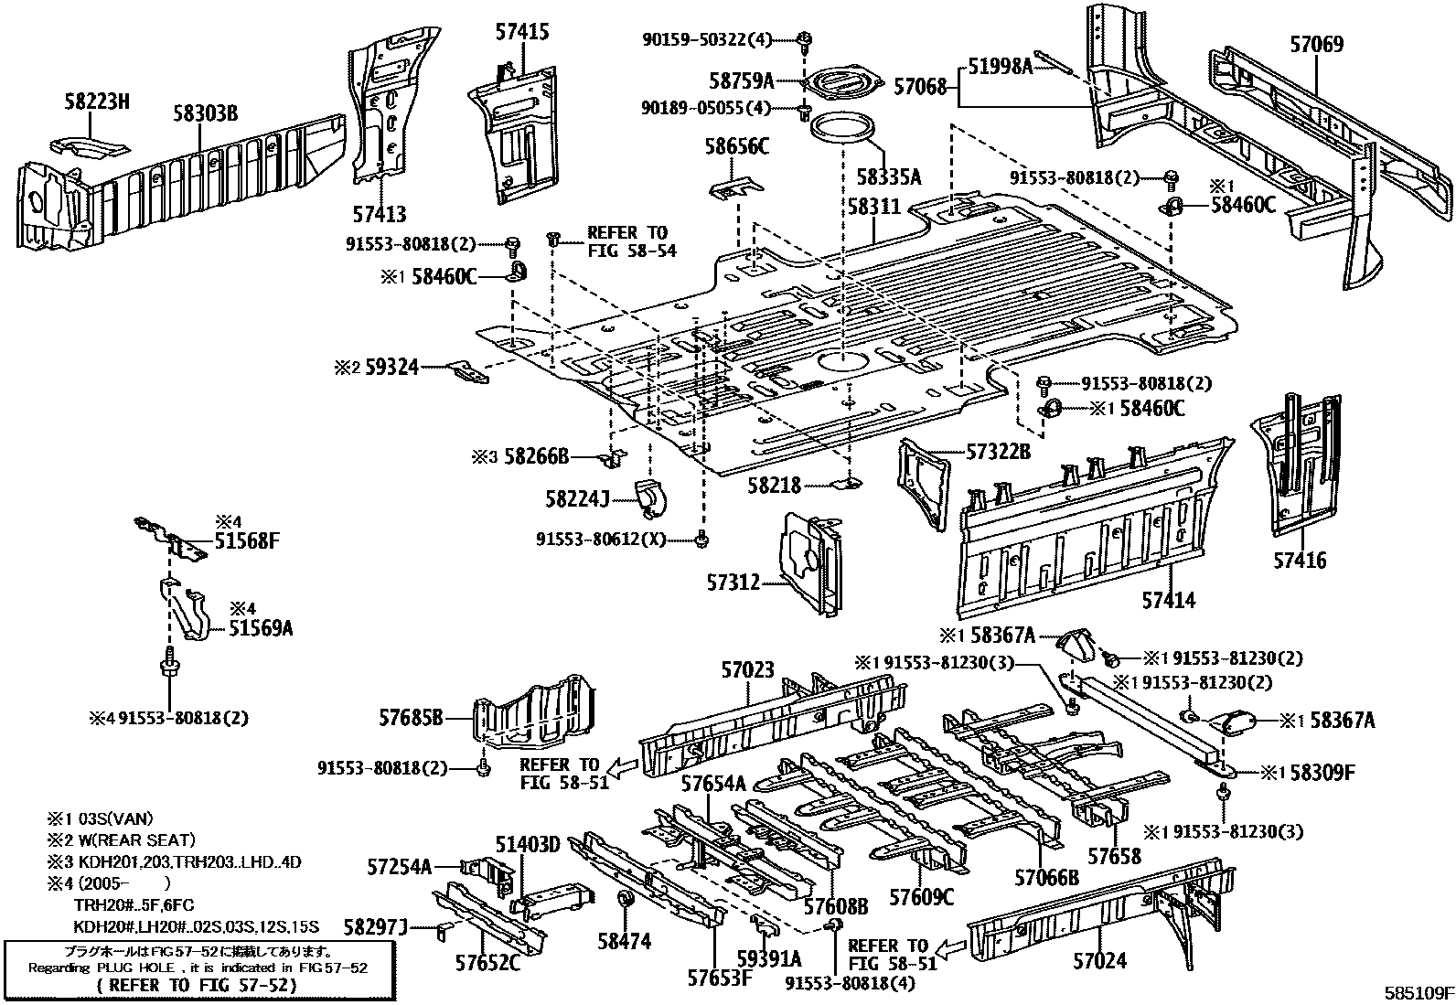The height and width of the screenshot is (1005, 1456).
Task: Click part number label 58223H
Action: [96, 102]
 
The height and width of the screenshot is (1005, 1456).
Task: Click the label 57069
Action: [1316, 43]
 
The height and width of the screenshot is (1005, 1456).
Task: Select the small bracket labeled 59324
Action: [466, 370]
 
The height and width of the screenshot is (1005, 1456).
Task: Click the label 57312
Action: [733, 581]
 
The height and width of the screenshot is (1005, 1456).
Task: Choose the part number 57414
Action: [1168, 600]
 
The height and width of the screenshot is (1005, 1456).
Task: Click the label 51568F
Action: [246, 540]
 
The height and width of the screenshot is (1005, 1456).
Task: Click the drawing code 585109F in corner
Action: [1417, 992]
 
